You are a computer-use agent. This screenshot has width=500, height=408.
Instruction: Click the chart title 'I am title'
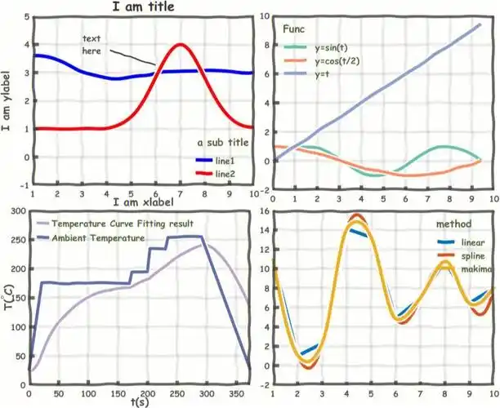tap(142, 7)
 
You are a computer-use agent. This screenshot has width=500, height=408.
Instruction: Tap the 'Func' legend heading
tap(294, 29)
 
